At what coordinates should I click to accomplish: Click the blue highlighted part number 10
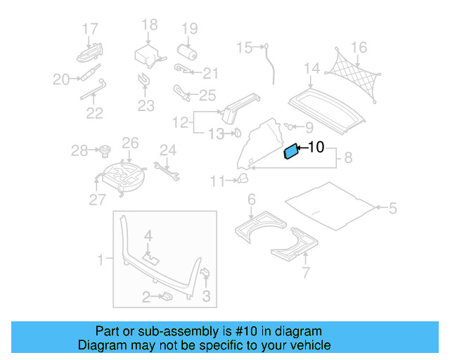click(x=290, y=152)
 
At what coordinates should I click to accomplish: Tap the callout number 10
click(x=316, y=148)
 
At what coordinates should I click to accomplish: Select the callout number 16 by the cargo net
click(x=359, y=48)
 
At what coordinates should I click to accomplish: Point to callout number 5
click(x=393, y=208)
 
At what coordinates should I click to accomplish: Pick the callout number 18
click(x=149, y=25)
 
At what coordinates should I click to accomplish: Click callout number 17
click(x=89, y=29)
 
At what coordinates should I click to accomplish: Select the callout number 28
click(x=79, y=150)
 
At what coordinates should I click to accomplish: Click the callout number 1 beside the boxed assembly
click(x=101, y=261)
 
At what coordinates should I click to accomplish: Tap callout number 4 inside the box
click(x=148, y=235)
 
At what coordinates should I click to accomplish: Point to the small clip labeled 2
click(x=169, y=297)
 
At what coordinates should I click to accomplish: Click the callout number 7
click(x=305, y=272)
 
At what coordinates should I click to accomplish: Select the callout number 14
click(x=312, y=68)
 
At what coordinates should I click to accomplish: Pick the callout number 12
click(x=181, y=122)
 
